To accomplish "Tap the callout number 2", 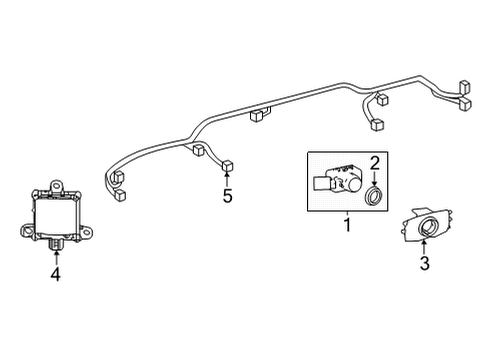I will [376, 162].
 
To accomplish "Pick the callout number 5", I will [227, 196].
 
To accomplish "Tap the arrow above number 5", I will [227, 178].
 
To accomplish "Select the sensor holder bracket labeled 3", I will [426, 226].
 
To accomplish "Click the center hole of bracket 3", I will [427, 227].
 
